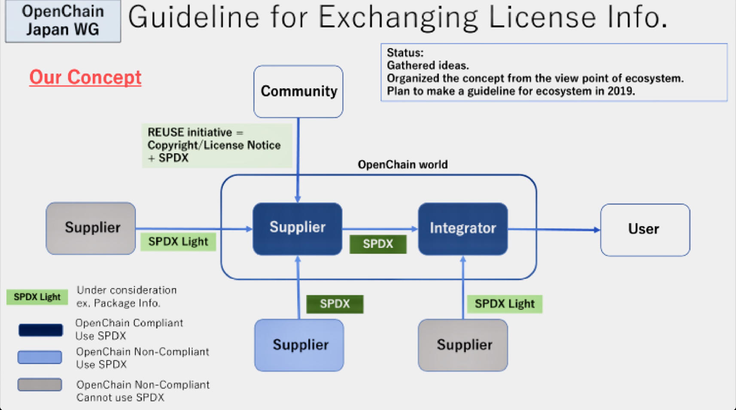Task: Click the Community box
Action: point(298,91)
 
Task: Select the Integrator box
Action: point(463,229)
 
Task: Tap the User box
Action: point(645,230)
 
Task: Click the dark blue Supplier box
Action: point(298,229)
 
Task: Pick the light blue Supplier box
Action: point(299,345)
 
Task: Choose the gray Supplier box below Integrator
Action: point(463,345)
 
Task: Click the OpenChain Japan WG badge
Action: point(63,21)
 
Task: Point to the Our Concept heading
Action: point(85,78)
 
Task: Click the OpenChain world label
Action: point(402,164)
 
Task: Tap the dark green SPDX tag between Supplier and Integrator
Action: point(378,244)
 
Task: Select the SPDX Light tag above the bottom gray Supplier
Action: point(505,304)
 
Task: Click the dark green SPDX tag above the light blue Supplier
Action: point(335,304)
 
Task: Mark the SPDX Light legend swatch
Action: point(37,297)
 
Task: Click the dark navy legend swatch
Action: point(40,330)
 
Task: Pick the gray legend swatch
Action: point(40,384)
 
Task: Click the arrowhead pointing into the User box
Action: point(597,230)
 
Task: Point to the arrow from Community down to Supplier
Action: point(298,160)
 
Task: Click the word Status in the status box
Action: point(404,53)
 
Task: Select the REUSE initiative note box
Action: point(217,146)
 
